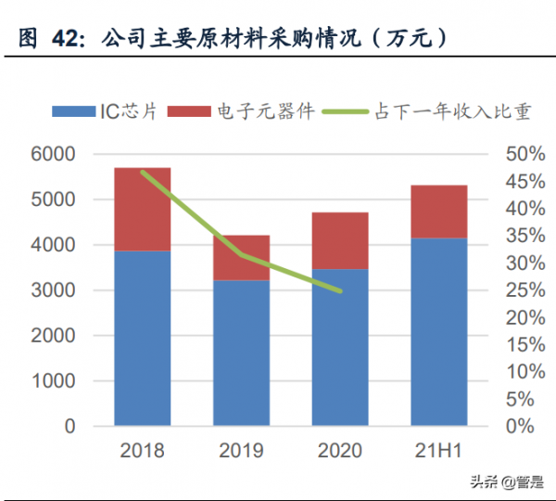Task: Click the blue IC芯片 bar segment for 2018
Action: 143,339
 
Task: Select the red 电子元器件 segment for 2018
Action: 143,210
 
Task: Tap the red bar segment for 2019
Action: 241,258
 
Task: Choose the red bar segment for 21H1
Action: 439,212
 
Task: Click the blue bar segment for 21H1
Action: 439,332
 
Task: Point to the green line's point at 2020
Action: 340,290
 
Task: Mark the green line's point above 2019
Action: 241,253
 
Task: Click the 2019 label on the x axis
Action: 241,451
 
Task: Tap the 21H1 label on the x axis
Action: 439,451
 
